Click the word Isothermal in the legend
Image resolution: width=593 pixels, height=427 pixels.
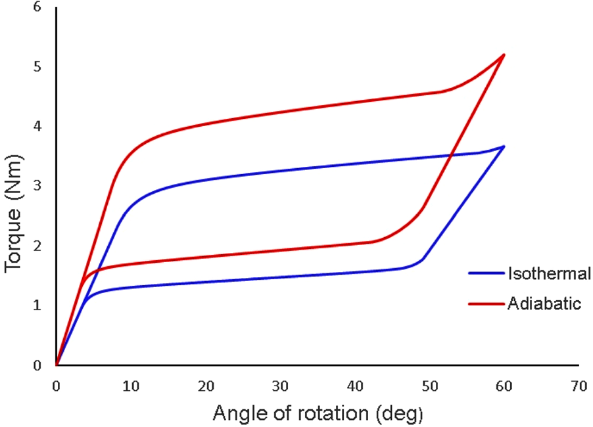pos(548,273)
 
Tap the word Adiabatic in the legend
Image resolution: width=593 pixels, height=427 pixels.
pos(544,303)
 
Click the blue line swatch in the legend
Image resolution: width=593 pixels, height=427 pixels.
pos(485,273)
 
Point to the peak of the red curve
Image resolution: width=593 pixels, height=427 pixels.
pos(504,55)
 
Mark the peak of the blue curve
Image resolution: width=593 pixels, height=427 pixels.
pos(504,146)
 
